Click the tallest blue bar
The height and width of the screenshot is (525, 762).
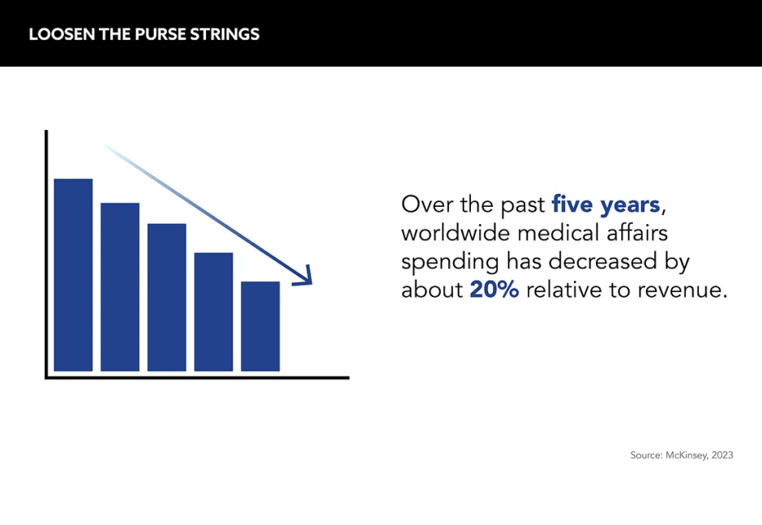point(74,275)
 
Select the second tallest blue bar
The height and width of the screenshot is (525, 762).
point(120,287)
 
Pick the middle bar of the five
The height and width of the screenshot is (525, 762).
point(167,297)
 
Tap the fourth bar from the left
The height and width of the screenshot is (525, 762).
point(213,312)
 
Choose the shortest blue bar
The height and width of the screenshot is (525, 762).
point(260,326)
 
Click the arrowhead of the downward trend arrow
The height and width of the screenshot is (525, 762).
point(304,277)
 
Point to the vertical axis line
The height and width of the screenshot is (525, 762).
point(46,254)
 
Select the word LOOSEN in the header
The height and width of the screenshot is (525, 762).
point(62,34)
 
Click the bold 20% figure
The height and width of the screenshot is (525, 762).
point(494,290)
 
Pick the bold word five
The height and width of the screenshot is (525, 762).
point(572,204)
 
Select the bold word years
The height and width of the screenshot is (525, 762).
point(630,205)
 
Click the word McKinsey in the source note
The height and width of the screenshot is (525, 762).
point(686,455)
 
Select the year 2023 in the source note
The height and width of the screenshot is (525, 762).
point(722,455)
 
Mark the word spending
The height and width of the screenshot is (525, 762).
point(450,262)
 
